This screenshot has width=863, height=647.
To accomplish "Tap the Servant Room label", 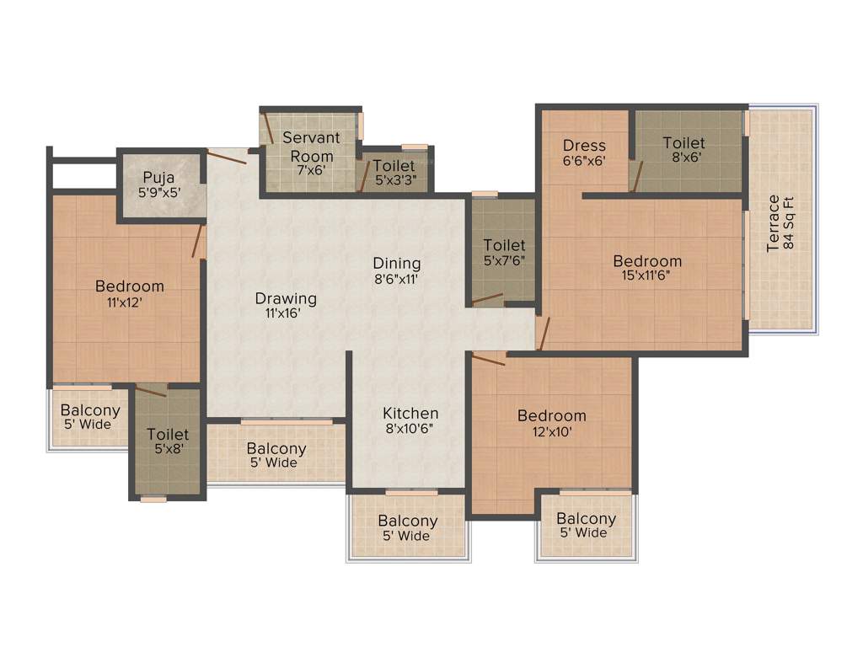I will coord(311,147).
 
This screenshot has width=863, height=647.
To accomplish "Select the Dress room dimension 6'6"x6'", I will coord(584,160).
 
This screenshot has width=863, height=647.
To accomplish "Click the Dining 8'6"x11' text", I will coord(396,271).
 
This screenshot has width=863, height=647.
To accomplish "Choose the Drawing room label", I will coord(286,305).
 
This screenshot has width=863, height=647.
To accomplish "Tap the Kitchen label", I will coord(410,420).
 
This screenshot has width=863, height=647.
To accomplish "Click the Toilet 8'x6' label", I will coord(683,150).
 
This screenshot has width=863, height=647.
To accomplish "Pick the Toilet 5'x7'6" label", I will coord(504,252).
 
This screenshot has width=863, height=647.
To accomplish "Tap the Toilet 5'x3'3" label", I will coord(394,173).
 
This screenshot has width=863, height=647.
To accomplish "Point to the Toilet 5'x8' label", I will coord(168,441).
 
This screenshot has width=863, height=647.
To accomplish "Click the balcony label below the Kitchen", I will coord(407,528).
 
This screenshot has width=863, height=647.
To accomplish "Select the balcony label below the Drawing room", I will coord(276,455).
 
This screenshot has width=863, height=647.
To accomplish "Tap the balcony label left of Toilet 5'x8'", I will coord(90,417).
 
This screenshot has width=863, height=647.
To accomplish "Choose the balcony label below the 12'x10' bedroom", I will coord(586,526).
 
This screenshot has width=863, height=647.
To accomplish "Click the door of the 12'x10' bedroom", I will coord(488,360).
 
